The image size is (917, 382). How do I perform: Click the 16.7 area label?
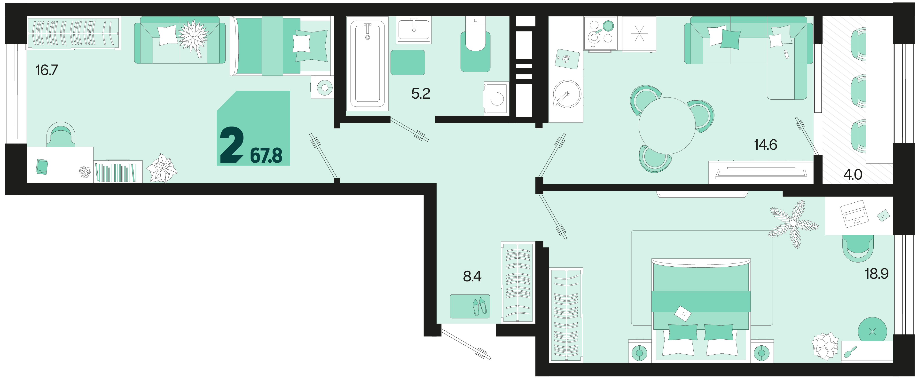tap(47, 70)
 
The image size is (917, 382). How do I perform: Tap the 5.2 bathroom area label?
tap(421, 94)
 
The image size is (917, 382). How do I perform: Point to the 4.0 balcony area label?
tap(853, 175)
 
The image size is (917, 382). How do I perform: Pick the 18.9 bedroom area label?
tap(876, 274)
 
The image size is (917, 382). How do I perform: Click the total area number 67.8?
tap(266, 156)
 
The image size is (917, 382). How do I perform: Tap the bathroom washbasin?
tap(414, 30)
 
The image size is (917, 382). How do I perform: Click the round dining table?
tap(667, 126)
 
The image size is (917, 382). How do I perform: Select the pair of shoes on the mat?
tap(479, 307)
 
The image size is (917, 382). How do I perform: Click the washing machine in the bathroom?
tap(496, 98)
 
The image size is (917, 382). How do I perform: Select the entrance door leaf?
tap(466, 344)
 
